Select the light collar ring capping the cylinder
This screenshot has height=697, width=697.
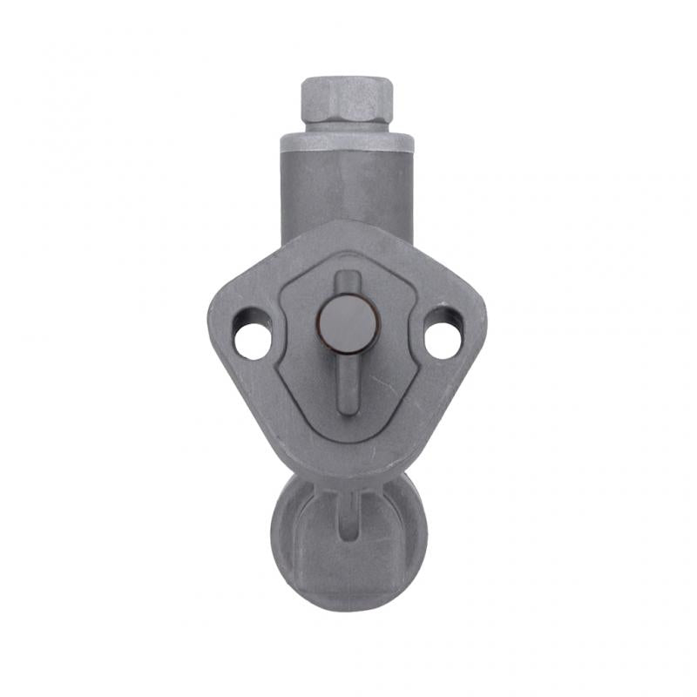(347, 141)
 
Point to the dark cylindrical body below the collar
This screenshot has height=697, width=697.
(347, 187)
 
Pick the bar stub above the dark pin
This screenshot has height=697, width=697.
(348, 282)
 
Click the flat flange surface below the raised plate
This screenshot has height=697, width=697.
(348, 457)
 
